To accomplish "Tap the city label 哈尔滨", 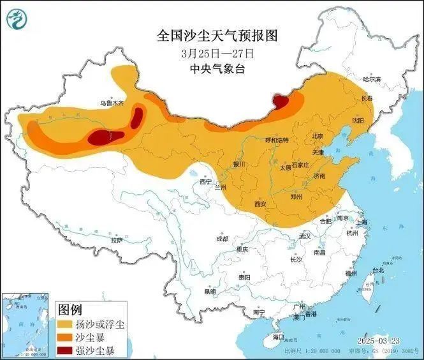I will [371, 79].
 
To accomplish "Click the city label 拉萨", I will [115, 240].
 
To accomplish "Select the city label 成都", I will [221, 239].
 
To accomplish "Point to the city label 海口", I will [277, 336].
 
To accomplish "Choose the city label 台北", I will [378, 270].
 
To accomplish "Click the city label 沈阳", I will [357, 120].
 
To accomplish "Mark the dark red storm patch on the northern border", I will [280, 100].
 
